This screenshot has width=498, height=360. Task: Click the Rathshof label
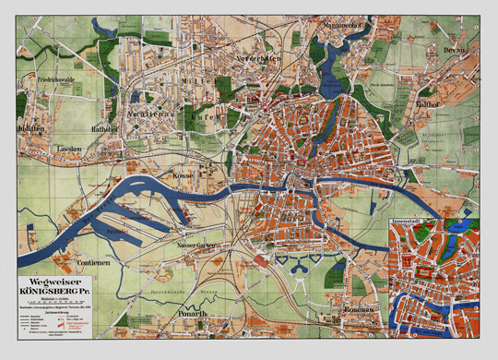(x=104, y=127)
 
